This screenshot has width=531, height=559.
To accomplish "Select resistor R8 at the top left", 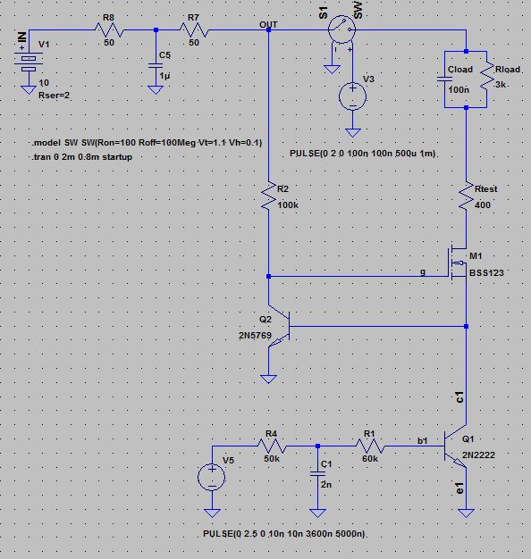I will pyautogui.click(x=109, y=31).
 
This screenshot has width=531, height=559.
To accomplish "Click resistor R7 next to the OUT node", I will pyautogui.click(x=196, y=31).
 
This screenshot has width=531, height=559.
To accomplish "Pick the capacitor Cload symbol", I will pyautogui.click(x=445, y=79).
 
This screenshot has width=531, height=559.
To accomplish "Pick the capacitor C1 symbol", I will pyautogui.click(x=314, y=474).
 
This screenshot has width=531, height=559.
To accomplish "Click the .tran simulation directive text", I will pyautogui.click(x=84, y=158).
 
